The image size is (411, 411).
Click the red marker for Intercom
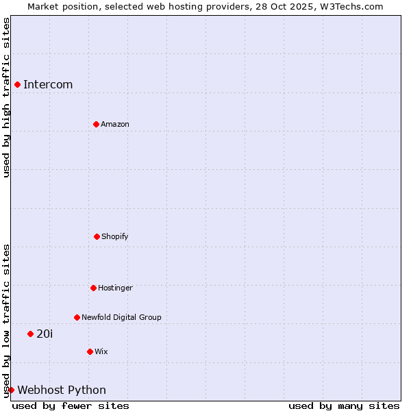[x=17, y=84]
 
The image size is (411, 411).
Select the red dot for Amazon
[x=96, y=124]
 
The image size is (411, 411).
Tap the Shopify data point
[x=97, y=236]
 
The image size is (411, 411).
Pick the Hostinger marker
[x=93, y=288]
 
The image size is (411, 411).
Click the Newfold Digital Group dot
[x=77, y=317]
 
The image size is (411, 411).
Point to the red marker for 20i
[x=30, y=334]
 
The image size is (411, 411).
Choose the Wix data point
[x=90, y=351]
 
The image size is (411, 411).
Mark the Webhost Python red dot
[x=11, y=390]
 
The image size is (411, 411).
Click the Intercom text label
[x=48, y=84]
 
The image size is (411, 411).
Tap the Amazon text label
[x=115, y=124]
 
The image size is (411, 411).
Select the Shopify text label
[x=115, y=236]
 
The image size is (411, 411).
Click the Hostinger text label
[x=115, y=288]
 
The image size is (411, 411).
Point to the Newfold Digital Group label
[x=121, y=317]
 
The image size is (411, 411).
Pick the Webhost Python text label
[x=62, y=390]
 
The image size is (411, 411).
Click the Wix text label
[x=101, y=351]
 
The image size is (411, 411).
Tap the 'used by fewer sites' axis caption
[x=71, y=406]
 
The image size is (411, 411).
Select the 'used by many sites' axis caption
[x=344, y=406]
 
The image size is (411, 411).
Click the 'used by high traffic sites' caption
[x=6, y=97]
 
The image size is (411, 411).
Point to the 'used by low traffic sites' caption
[x=6, y=321]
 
